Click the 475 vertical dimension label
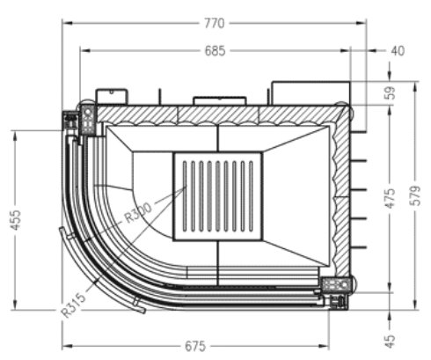click(391, 197)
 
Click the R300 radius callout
click(139, 215)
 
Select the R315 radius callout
click(74, 301)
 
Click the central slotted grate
click(217, 197)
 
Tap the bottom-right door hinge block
click(336, 288)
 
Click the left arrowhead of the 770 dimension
click(64, 22)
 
